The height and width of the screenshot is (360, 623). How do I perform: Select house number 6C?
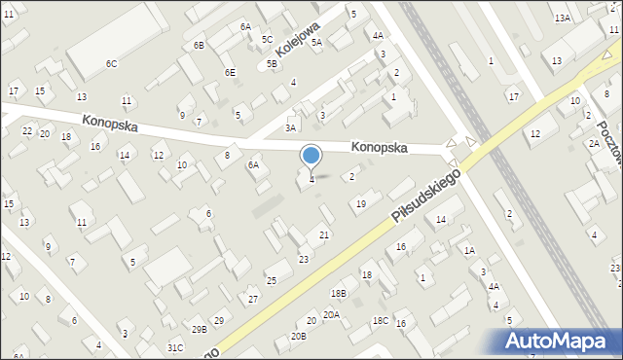pos(112,64)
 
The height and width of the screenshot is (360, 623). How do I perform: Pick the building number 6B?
pos(199,46)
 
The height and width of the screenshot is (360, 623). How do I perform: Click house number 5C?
pos(267,39)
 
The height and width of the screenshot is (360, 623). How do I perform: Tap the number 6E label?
pos(230,72)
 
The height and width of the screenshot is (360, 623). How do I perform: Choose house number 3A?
pos(290,127)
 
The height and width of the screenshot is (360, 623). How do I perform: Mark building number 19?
pos(361,203)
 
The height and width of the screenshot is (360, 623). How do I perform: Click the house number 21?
pos(325,236)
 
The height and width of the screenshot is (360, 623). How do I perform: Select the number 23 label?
pos(304,259)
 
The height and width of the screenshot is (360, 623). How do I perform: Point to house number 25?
pos(273,280)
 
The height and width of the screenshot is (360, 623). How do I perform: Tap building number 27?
pos(253,299)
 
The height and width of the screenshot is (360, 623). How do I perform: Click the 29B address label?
pos(199,330)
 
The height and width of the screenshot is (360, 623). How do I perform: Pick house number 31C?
pos(175,347)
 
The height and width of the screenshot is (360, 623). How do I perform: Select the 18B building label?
pos(339,293)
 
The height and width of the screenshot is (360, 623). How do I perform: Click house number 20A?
pos(332,314)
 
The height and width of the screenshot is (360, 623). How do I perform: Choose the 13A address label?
pos(563,18)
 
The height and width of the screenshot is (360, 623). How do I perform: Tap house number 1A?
pos(469,251)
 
